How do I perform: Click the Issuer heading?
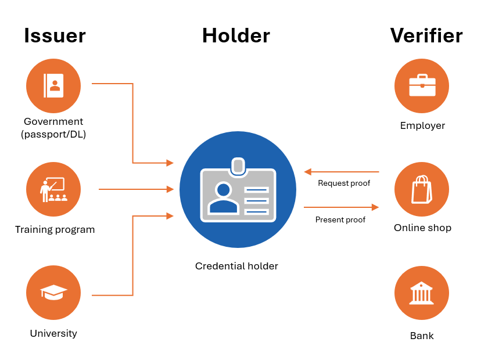(x=55, y=35)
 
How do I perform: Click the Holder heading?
(x=236, y=35)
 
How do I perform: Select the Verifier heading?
(x=426, y=35)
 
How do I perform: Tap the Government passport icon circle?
(x=53, y=86)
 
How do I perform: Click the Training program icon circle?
(x=53, y=189)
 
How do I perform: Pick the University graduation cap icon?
(x=53, y=292)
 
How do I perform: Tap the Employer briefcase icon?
(x=422, y=86)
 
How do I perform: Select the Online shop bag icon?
(x=422, y=189)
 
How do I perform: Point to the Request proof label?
(x=344, y=183)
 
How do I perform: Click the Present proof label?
(x=340, y=220)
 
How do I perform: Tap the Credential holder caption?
(x=236, y=267)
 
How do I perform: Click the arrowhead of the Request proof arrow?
(x=308, y=172)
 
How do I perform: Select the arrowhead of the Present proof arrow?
(x=375, y=207)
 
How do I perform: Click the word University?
(x=53, y=334)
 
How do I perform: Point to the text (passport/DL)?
(x=53, y=134)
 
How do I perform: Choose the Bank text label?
(x=422, y=336)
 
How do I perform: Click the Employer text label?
(x=422, y=126)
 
